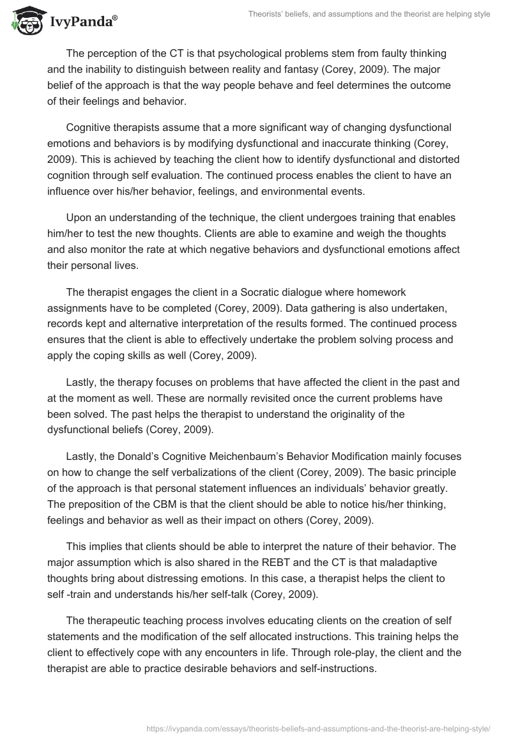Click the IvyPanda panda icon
[x=25, y=20]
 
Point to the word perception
[x=107, y=52]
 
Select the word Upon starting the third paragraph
[x=79, y=217]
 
